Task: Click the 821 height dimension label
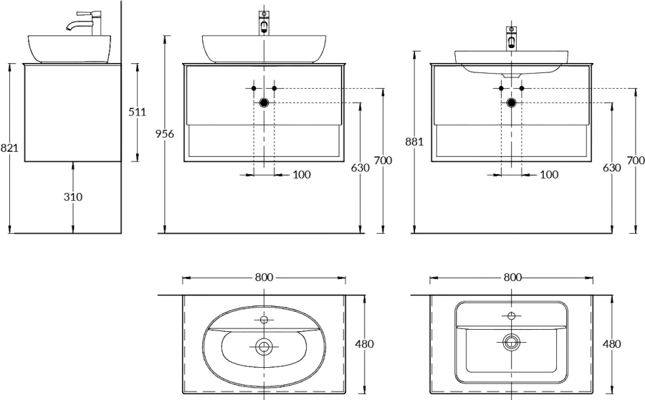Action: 9,148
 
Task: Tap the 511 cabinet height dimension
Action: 138,112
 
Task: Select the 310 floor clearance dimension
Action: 73,197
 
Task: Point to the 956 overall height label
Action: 165,134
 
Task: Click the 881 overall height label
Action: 414,141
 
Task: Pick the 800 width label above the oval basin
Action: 264,277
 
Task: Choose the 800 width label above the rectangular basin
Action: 512,277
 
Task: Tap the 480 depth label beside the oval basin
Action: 365,343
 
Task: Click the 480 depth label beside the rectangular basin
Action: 612,343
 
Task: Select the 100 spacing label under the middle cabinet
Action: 302,175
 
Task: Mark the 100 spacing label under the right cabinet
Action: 549,175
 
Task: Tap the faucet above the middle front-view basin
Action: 264,23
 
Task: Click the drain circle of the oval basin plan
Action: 263,346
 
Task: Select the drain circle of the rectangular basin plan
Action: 511,341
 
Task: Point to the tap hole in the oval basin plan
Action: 264,319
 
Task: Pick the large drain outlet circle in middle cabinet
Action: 264,103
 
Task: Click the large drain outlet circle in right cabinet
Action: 511,103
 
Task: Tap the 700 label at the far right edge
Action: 636,161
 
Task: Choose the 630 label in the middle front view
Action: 360,168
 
